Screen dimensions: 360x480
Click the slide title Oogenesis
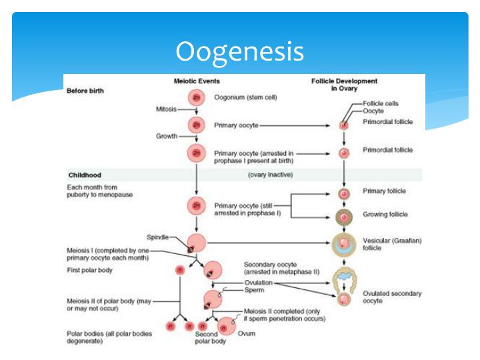239,51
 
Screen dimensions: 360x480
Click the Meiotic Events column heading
196,81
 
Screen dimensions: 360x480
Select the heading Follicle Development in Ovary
344,85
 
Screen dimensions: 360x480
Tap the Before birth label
85,91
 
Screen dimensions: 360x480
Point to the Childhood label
85,175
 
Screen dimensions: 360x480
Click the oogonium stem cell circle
196,97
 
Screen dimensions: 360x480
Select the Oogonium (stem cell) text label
245,97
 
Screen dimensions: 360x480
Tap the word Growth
167,136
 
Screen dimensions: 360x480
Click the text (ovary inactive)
271,175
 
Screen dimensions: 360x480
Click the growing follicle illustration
344,216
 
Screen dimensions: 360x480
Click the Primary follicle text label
384,191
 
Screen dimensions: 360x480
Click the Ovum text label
246,333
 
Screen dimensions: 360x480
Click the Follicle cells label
381,104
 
